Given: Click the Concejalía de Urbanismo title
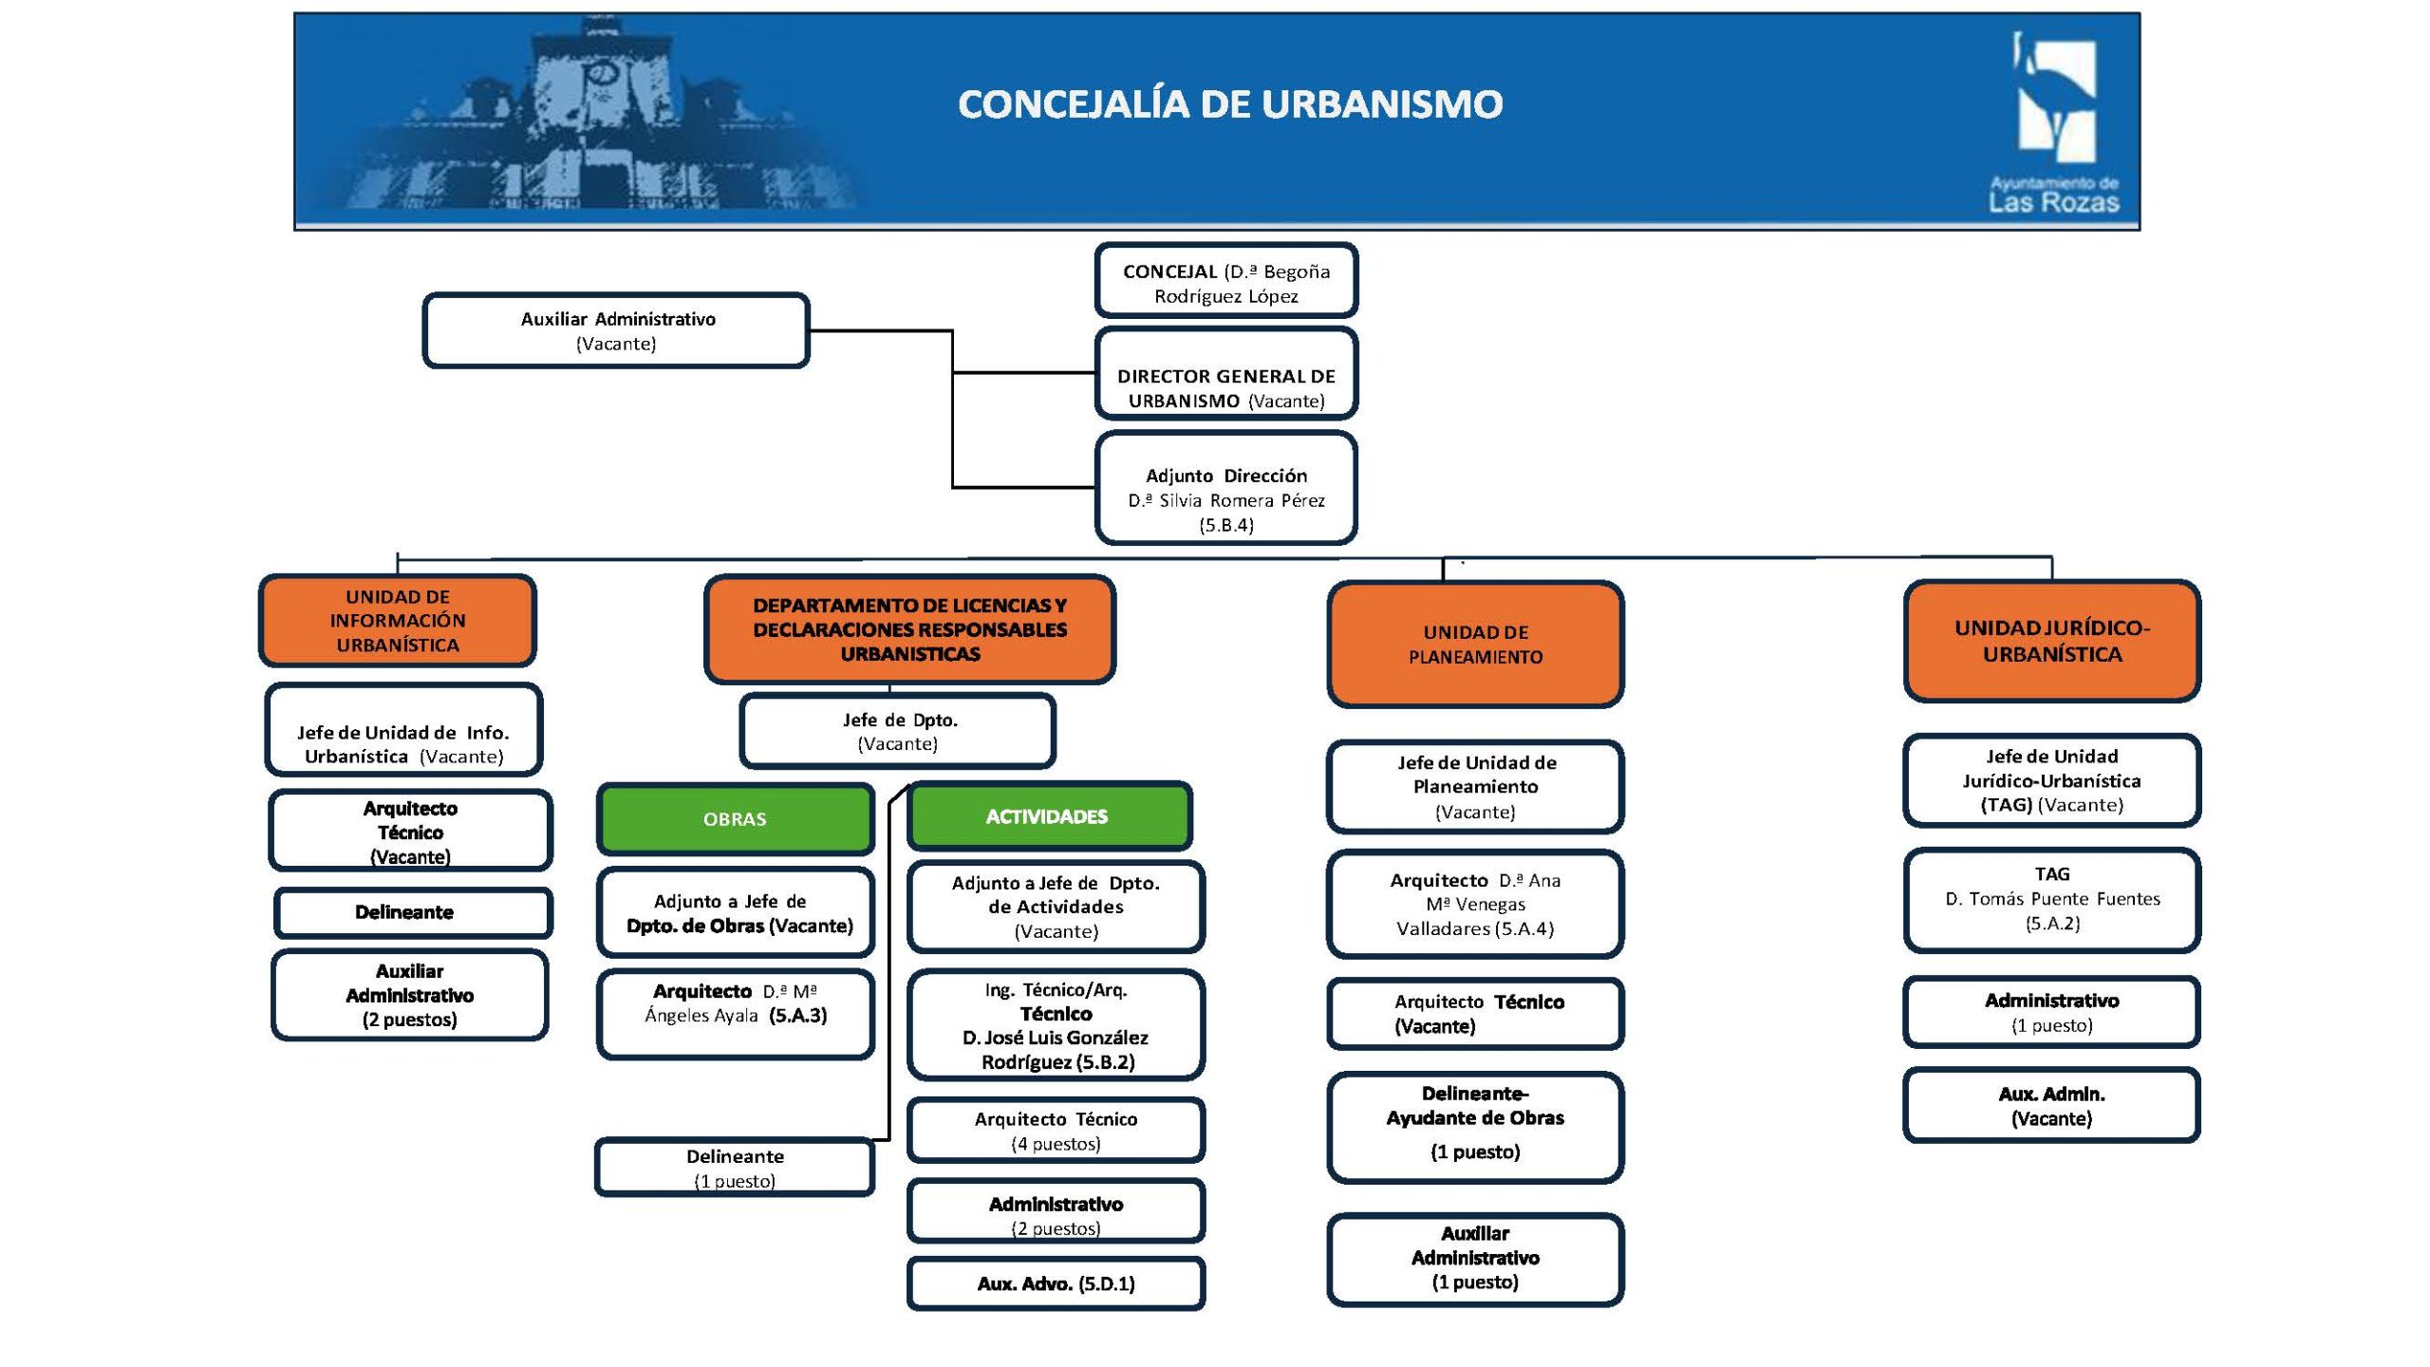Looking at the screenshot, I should point(1230,104).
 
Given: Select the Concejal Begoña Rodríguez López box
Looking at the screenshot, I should point(1226,282).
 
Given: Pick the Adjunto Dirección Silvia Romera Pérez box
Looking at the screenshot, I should point(1226,489).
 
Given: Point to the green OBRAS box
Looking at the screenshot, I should point(735,818).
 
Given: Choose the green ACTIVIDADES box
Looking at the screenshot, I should point(1048,816).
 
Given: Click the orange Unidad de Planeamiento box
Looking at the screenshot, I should point(1475,645).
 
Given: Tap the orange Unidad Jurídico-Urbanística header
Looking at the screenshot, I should point(2051,641).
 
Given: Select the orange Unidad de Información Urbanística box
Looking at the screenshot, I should point(398,621).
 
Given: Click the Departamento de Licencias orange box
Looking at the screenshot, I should point(909,629).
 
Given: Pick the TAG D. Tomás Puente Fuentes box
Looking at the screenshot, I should point(2051,899).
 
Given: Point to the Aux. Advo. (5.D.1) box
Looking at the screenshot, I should point(1056,1283).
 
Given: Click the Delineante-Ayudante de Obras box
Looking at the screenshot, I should point(1475,1127).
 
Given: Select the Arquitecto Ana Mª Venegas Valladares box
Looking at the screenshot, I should point(1475,905).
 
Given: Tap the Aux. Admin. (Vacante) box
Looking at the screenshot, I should point(2051,1106).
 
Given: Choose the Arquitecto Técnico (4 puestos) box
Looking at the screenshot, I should point(1056,1131).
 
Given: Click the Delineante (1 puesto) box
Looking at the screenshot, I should point(735,1168).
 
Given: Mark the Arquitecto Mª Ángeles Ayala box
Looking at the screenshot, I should point(735,1013).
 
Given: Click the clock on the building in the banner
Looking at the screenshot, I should point(599,73).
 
